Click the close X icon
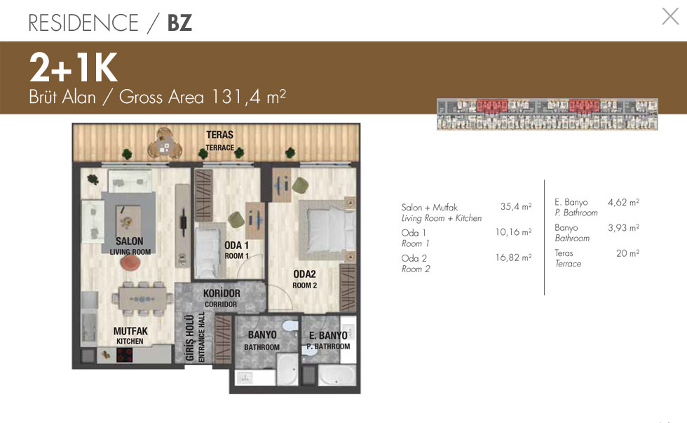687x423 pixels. pos(670,16)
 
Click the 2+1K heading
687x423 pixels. pos(73,67)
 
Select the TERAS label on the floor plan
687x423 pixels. pos(219,135)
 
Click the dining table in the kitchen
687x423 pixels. pos(142,300)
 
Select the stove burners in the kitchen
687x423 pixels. pos(125,355)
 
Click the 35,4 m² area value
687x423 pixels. pos(516,206)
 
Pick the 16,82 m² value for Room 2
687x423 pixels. pos(513,257)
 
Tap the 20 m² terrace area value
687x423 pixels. pos(627,253)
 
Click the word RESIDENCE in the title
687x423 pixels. pos(83,22)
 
